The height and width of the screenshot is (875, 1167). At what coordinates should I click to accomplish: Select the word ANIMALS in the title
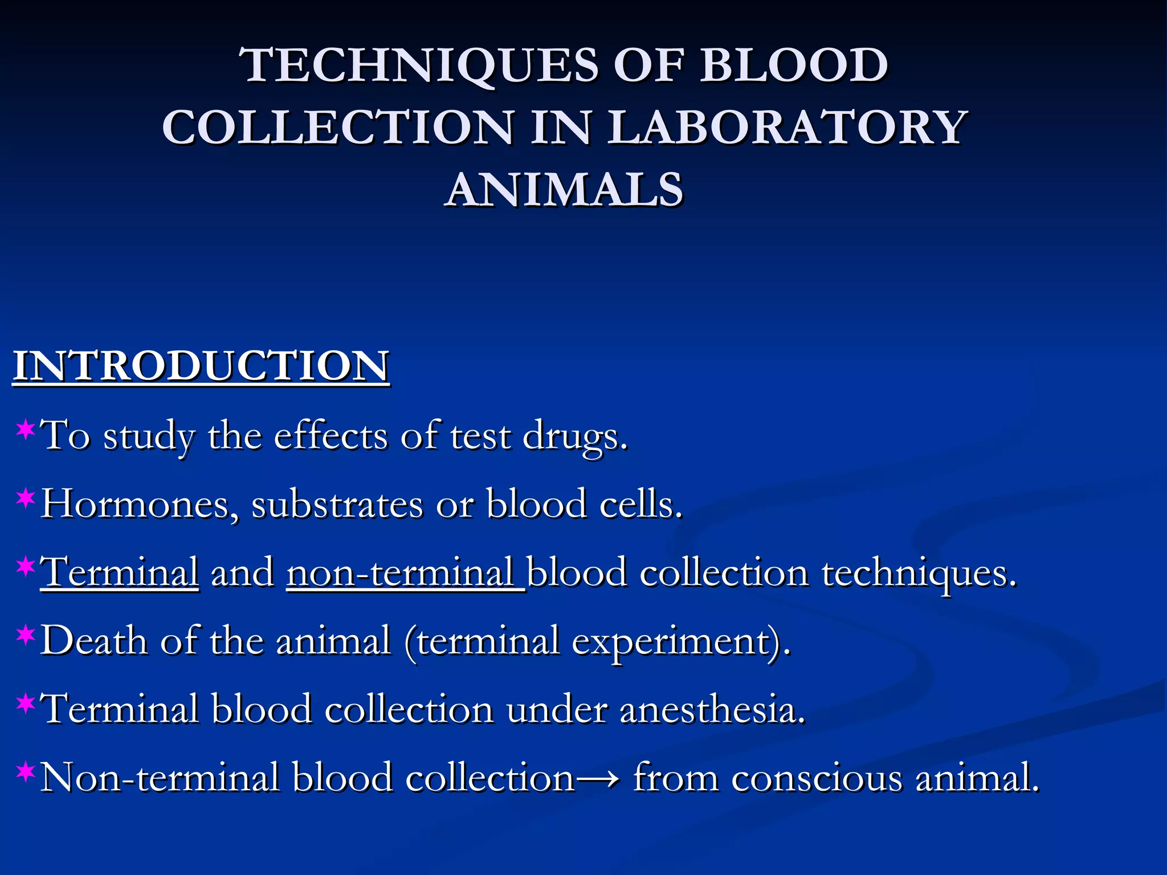(x=564, y=189)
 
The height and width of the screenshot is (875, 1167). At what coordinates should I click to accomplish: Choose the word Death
(x=94, y=641)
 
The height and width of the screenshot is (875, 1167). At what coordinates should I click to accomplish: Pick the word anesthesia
(x=712, y=710)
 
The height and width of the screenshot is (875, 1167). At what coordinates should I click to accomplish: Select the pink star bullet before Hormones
(x=26, y=497)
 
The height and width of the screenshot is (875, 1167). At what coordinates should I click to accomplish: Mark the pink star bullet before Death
(x=26, y=634)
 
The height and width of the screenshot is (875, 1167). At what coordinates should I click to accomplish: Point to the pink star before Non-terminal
(x=26, y=771)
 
